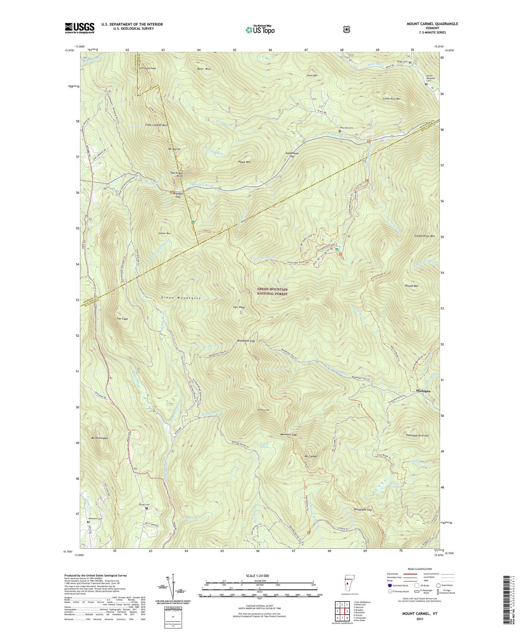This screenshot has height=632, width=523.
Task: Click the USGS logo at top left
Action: coord(80,28)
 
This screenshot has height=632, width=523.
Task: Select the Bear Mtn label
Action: coord(204,69)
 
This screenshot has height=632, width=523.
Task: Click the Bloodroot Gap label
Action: coord(246,341)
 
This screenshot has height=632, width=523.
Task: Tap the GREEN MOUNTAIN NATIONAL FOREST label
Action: coord(272,292)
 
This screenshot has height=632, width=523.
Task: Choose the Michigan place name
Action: coord(423,391)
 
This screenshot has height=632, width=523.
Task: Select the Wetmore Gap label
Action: coord(288,435)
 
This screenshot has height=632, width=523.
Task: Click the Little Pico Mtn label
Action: coord(392,98)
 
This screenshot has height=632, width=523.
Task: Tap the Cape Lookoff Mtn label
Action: coord(156,125)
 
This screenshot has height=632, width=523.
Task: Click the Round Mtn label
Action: coord(412,286)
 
